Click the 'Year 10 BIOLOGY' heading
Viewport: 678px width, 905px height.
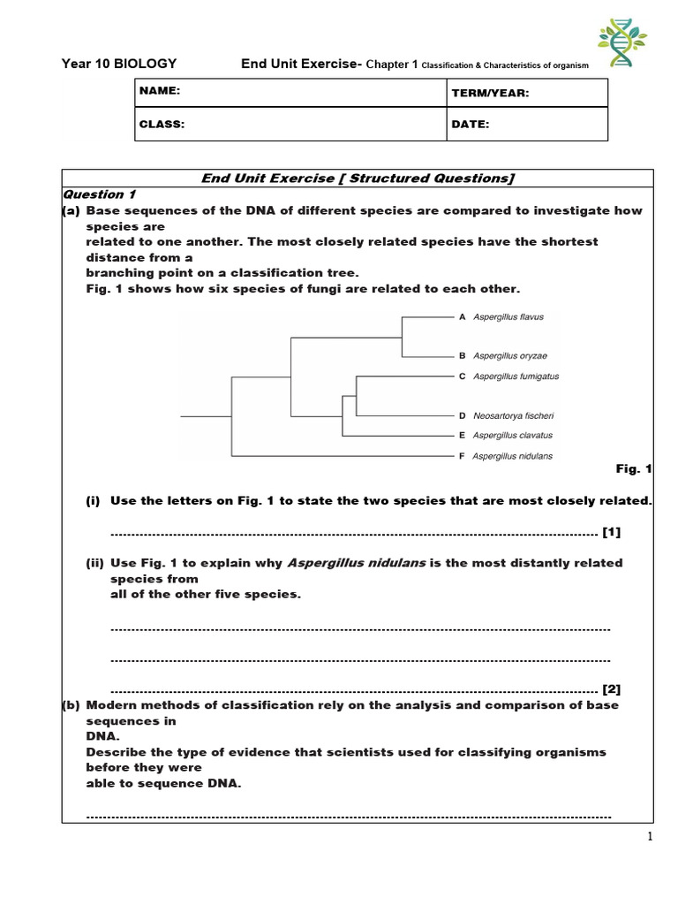click(x=118, y=64)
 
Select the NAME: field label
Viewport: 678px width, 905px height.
click(x=159, y=92)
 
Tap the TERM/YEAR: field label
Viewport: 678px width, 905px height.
click(x=490, y=94)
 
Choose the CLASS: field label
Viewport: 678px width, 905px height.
click(x=161, y=125)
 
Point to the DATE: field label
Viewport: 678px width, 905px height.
click(x=470, y=125)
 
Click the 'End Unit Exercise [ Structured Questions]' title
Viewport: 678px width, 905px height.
click(x=358, y=179)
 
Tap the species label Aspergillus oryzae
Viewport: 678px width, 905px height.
click(x=509, y=356)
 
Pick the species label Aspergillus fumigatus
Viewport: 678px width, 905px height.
click(x=516, y=376)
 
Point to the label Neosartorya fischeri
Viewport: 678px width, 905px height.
click(x=513, y=415)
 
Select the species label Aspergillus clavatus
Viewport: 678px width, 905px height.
click(x=513, y=436)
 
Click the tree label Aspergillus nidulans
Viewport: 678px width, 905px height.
click(x=513, y=456)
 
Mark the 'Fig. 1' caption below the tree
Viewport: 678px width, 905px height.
click(x=636, y=469)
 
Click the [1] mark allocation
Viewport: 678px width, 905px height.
click(x=612, y=532)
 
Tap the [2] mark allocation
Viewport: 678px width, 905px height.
click(x=612, y=689)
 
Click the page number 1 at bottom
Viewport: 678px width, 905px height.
click(x=650, y=837)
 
